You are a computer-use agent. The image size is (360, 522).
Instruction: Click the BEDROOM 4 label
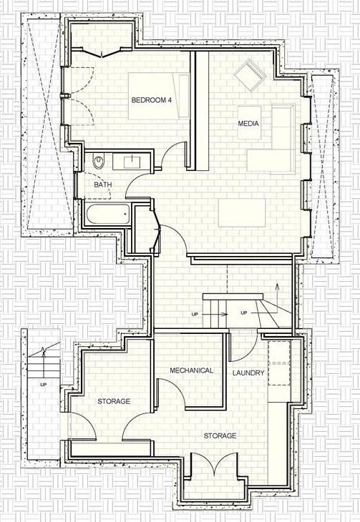(x=151, y=100)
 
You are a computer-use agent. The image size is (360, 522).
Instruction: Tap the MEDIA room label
(x=248, y=124)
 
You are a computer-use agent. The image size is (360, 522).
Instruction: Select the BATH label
(x=102, y=184)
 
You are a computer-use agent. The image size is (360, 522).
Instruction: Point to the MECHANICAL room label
(x=191, y=370)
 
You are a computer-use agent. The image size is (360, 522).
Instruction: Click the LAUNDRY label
(x=248, y=373)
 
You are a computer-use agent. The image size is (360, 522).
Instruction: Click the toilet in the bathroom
(x=99, y=162)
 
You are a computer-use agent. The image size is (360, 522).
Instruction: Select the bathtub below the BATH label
(x=107, y=214)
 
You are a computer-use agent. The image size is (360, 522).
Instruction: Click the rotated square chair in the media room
(x=250, y=75)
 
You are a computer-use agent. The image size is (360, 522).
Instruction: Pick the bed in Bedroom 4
(x=159, y=97)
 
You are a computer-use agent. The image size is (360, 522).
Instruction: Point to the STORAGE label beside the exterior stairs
(x=114, y=401)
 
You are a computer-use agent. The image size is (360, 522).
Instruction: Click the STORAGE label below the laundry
(x=220, y=435)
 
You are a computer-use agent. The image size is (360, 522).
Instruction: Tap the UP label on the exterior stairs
(x=44, y=385)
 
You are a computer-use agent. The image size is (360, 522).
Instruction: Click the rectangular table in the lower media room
(x=242, y=212)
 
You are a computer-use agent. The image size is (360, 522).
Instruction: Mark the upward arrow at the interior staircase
(x=277, y=298)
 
